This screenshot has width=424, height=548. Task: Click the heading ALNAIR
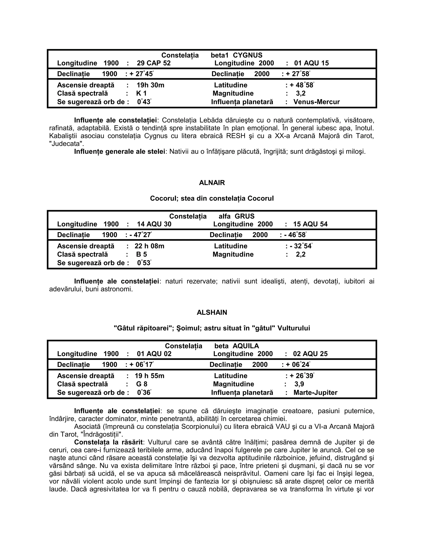coord(212,183)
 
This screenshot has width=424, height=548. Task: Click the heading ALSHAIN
coord(212,312)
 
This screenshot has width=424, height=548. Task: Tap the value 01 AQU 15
coord(311,63)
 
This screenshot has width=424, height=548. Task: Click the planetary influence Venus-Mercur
coord(316,102)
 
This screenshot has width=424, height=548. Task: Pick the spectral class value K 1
coord(141,93)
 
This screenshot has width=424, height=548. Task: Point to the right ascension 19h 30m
coord(150,85)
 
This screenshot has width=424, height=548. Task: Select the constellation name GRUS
coord(245,216)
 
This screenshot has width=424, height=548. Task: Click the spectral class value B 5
coord(141,254)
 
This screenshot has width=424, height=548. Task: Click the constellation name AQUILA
coord(246,346)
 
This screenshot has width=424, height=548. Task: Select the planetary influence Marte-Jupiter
coord(315,392)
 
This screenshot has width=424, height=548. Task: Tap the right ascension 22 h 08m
coord(149,246)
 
